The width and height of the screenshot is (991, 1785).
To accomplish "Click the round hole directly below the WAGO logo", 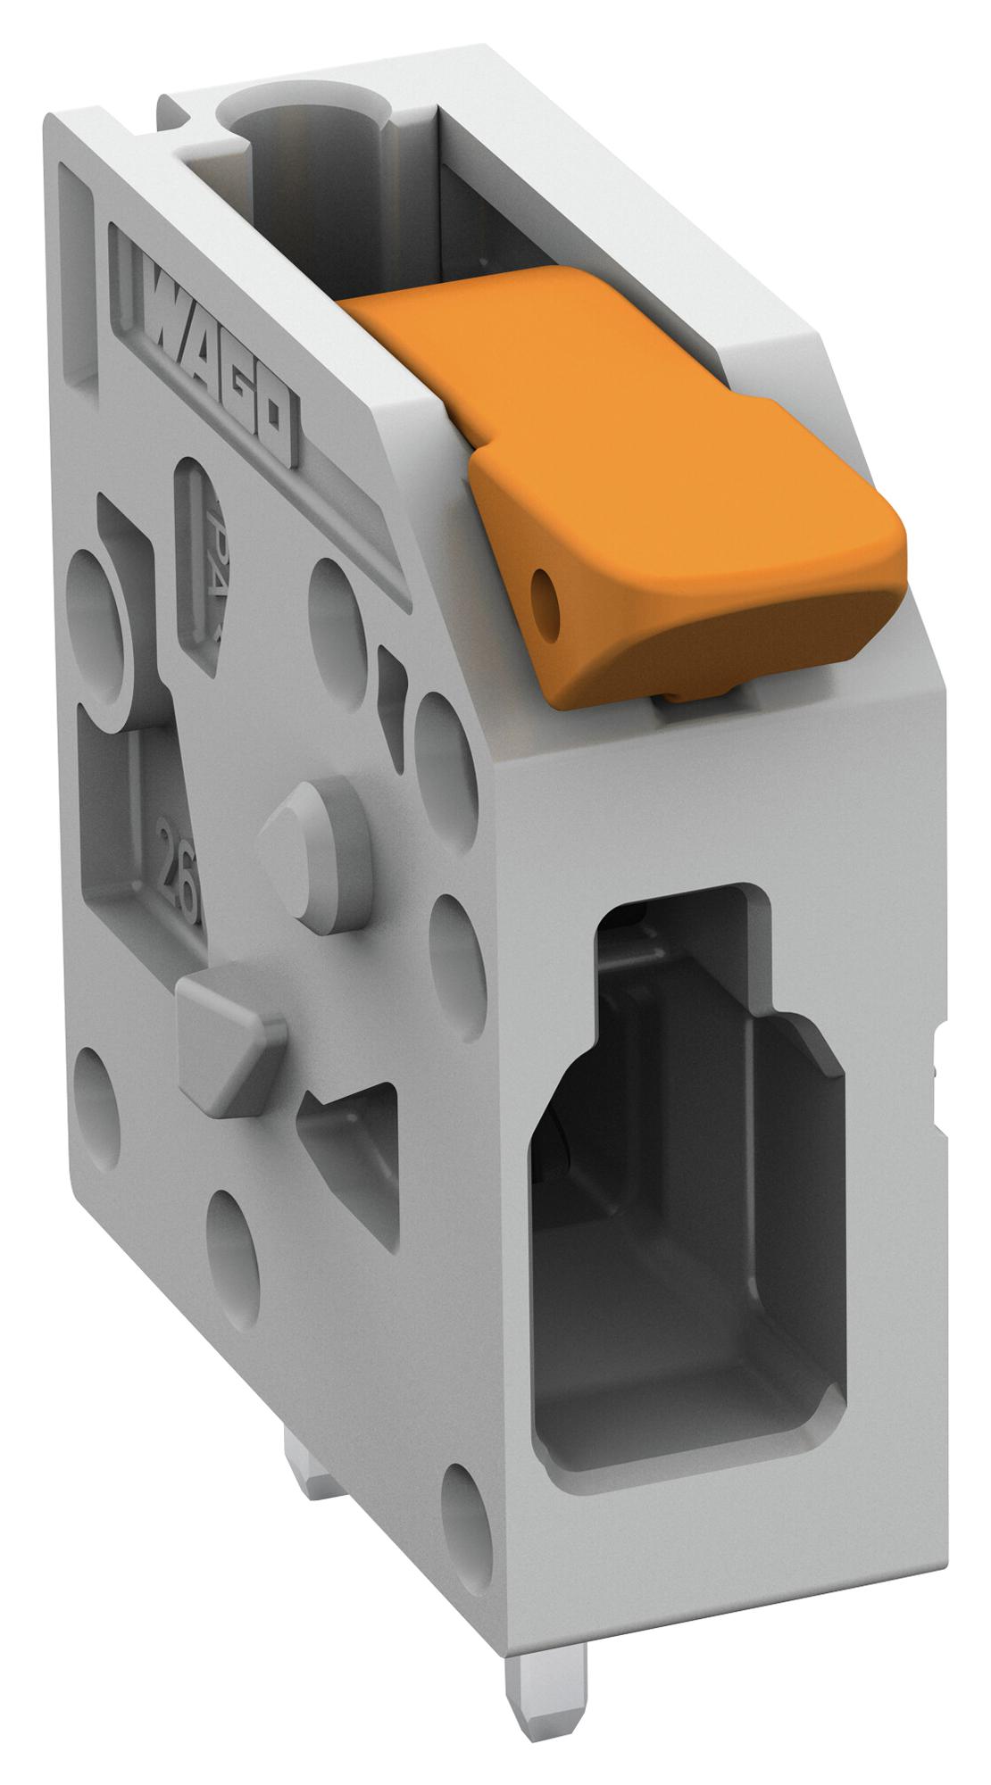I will pyautogui.click(x=334, y=616).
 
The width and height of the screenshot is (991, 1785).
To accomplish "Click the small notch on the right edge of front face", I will pyautogui.click(x=937, y=1067).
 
